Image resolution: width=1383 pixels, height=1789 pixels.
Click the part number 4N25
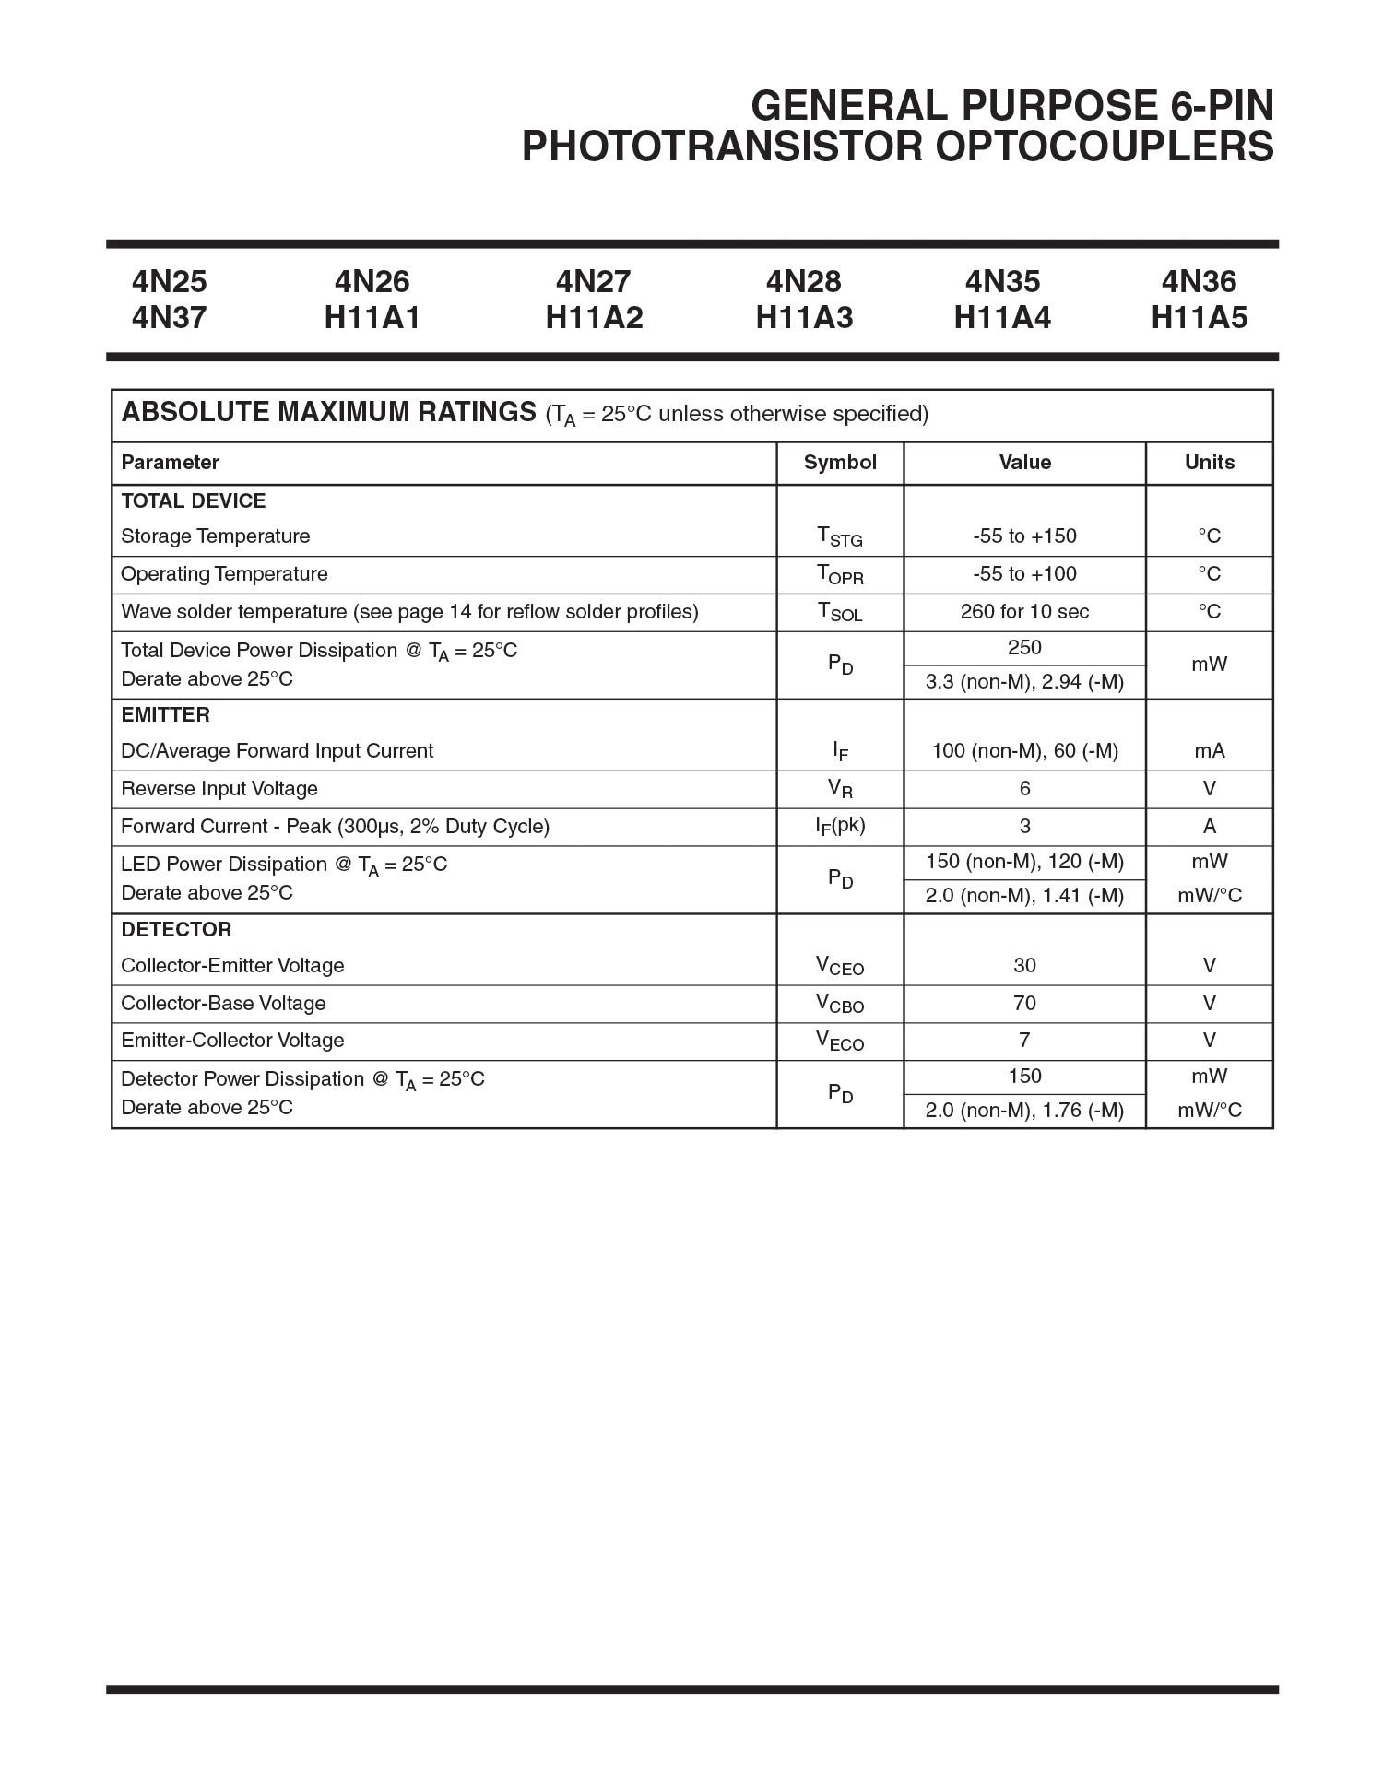tap(170, 281)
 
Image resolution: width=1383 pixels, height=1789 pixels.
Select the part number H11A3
tap(804, 318)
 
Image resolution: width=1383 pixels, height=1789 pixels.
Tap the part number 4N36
tap(1199, 281)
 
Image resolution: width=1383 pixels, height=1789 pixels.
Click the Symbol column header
tap(840, 463)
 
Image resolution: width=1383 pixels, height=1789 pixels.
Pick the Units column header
tap(1209, 463)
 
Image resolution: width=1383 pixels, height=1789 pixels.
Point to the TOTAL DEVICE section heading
tap(194, 501)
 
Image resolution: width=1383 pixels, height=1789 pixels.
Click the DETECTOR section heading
tap(176, 930)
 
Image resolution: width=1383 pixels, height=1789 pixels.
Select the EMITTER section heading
tap(166, 715)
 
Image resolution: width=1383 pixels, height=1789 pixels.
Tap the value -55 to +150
tap(1024, 536)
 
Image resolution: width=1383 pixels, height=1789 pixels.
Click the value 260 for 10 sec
tap(1024, 612)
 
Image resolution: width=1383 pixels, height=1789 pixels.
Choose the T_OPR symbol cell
tap(840, 575)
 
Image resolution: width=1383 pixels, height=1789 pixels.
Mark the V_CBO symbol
tap(840, 1004)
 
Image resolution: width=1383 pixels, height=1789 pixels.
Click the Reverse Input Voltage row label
tap(219, 789)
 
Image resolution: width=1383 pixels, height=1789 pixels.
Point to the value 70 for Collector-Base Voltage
tap(1024, 1004)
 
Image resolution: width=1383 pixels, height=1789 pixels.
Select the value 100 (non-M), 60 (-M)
tap(1024, 751)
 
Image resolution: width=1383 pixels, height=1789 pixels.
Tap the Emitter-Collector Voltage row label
tap(232, 1041)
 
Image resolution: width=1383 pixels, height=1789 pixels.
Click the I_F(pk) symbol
tap(840, 827)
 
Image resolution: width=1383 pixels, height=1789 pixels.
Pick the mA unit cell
tap(1209, 751)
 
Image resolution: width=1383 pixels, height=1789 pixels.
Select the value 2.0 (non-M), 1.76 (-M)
tap(1024, 1111)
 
